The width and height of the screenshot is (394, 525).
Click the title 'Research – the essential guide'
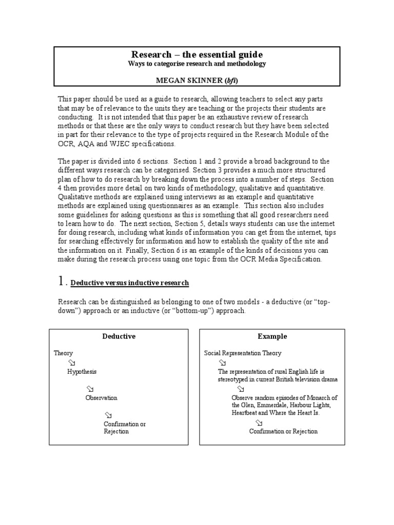(197, 54)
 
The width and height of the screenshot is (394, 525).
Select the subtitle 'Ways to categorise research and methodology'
(197, 64)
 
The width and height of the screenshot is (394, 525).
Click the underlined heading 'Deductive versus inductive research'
(129, 282)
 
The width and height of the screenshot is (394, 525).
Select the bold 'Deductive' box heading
(119, 336)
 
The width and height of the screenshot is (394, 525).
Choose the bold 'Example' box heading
(272, 336)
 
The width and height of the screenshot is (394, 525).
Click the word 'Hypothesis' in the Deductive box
(82, 372)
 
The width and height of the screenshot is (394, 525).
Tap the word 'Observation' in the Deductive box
(101, 398)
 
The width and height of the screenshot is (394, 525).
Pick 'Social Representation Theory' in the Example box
(242, 353)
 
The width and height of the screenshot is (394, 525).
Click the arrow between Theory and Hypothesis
(71, 362)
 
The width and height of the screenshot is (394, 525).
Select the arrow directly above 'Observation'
(90, 389)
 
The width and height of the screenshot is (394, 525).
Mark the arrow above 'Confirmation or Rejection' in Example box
(259, 422)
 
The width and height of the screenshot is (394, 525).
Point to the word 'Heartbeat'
(246, 413)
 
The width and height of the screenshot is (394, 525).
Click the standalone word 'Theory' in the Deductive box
(63, 353)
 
